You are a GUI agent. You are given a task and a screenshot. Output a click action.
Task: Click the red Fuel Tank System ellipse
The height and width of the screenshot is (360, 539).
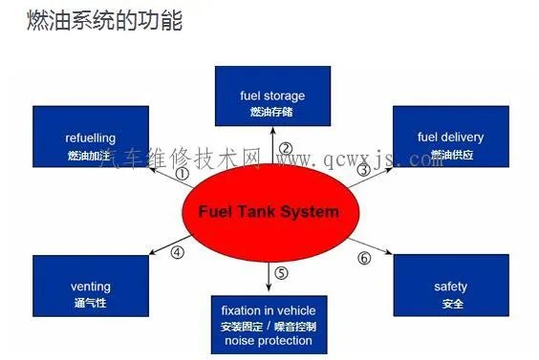tap(269, 212)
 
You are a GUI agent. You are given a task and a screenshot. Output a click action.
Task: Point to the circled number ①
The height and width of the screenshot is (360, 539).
tap(183, 174)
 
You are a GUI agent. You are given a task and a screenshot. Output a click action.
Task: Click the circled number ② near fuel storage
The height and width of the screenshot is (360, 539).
tap(285, 149)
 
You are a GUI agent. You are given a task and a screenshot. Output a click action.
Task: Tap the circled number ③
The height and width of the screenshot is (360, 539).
tap(362, 170)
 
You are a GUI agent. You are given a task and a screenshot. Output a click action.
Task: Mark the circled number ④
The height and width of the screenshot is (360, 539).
tap(177, 253)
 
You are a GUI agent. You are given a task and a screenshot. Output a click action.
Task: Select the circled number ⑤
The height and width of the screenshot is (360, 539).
tap(281, 273)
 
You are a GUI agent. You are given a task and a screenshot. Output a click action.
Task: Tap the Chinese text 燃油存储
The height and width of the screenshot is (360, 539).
tap(272, 113)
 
